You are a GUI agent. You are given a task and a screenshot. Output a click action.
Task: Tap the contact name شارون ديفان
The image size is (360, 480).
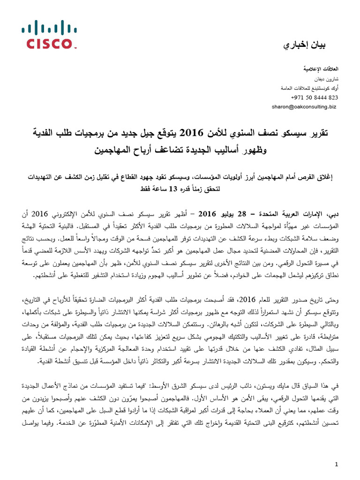[x=327, y=79]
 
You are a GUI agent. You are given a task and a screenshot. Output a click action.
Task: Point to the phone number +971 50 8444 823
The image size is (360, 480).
[x=315, y=97]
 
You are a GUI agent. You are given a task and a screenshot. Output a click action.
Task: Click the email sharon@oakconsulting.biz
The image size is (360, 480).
[x=304, y=107]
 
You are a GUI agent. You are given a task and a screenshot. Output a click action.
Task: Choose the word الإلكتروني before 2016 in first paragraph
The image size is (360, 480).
[x=63, y=215]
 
